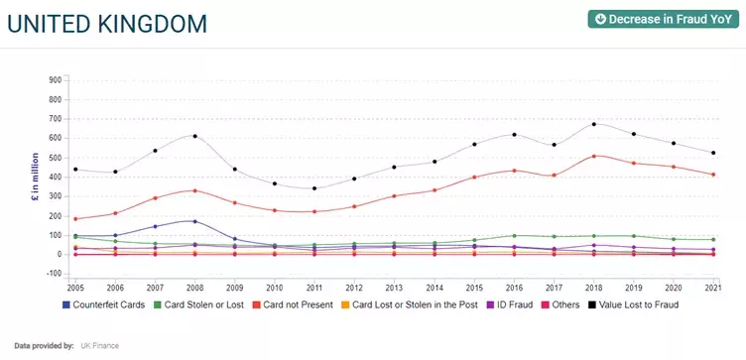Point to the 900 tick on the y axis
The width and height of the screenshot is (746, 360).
tap(56, 80)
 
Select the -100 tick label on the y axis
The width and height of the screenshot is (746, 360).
tap(55, 274)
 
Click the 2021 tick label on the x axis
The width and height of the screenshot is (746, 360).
tap(712, 288)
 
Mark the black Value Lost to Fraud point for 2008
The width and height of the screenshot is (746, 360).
tap(194, 136)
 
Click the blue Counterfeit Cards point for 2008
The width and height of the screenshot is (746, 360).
tap(194, 221)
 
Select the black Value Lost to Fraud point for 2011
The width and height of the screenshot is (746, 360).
tap(313, 188)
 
